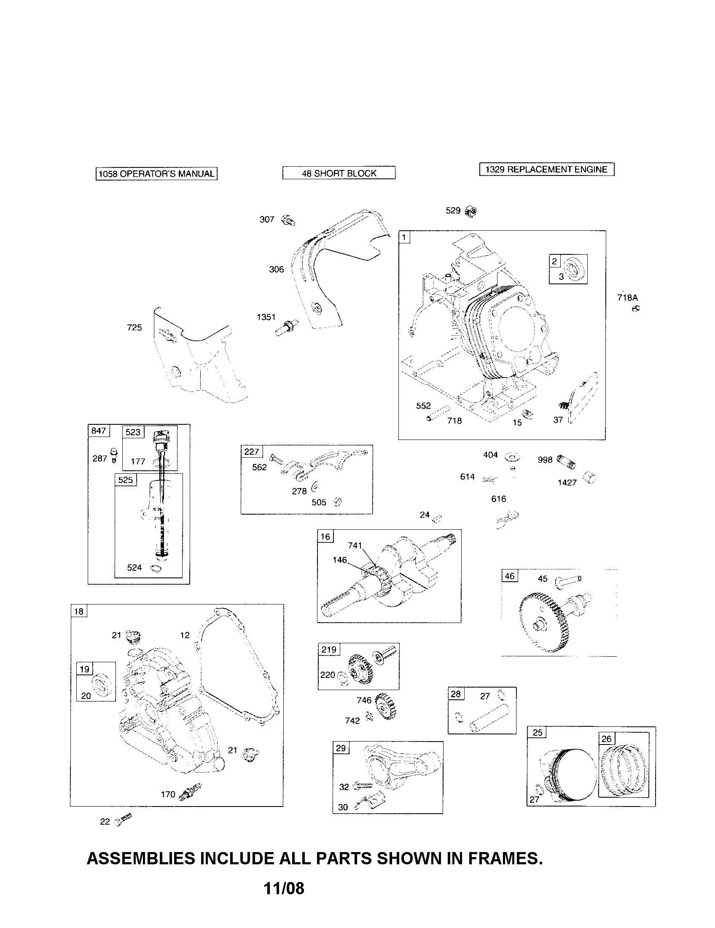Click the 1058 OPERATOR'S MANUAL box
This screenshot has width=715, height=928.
coord(156,174)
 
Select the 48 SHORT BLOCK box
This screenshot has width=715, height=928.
coord(339,173)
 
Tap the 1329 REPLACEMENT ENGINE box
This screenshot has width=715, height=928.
coord(546,169)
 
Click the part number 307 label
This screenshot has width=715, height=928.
coord(267,220)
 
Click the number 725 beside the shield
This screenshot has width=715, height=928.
coord(134,327)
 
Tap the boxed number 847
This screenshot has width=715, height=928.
coord(99,430)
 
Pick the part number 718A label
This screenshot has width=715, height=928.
coord(627,298)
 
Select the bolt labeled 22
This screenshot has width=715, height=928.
coord(124,819)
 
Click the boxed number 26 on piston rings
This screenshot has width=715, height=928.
coord(606,739)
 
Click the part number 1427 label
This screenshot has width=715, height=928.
coord(567,483)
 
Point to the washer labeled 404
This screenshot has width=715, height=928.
coord(513,457)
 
